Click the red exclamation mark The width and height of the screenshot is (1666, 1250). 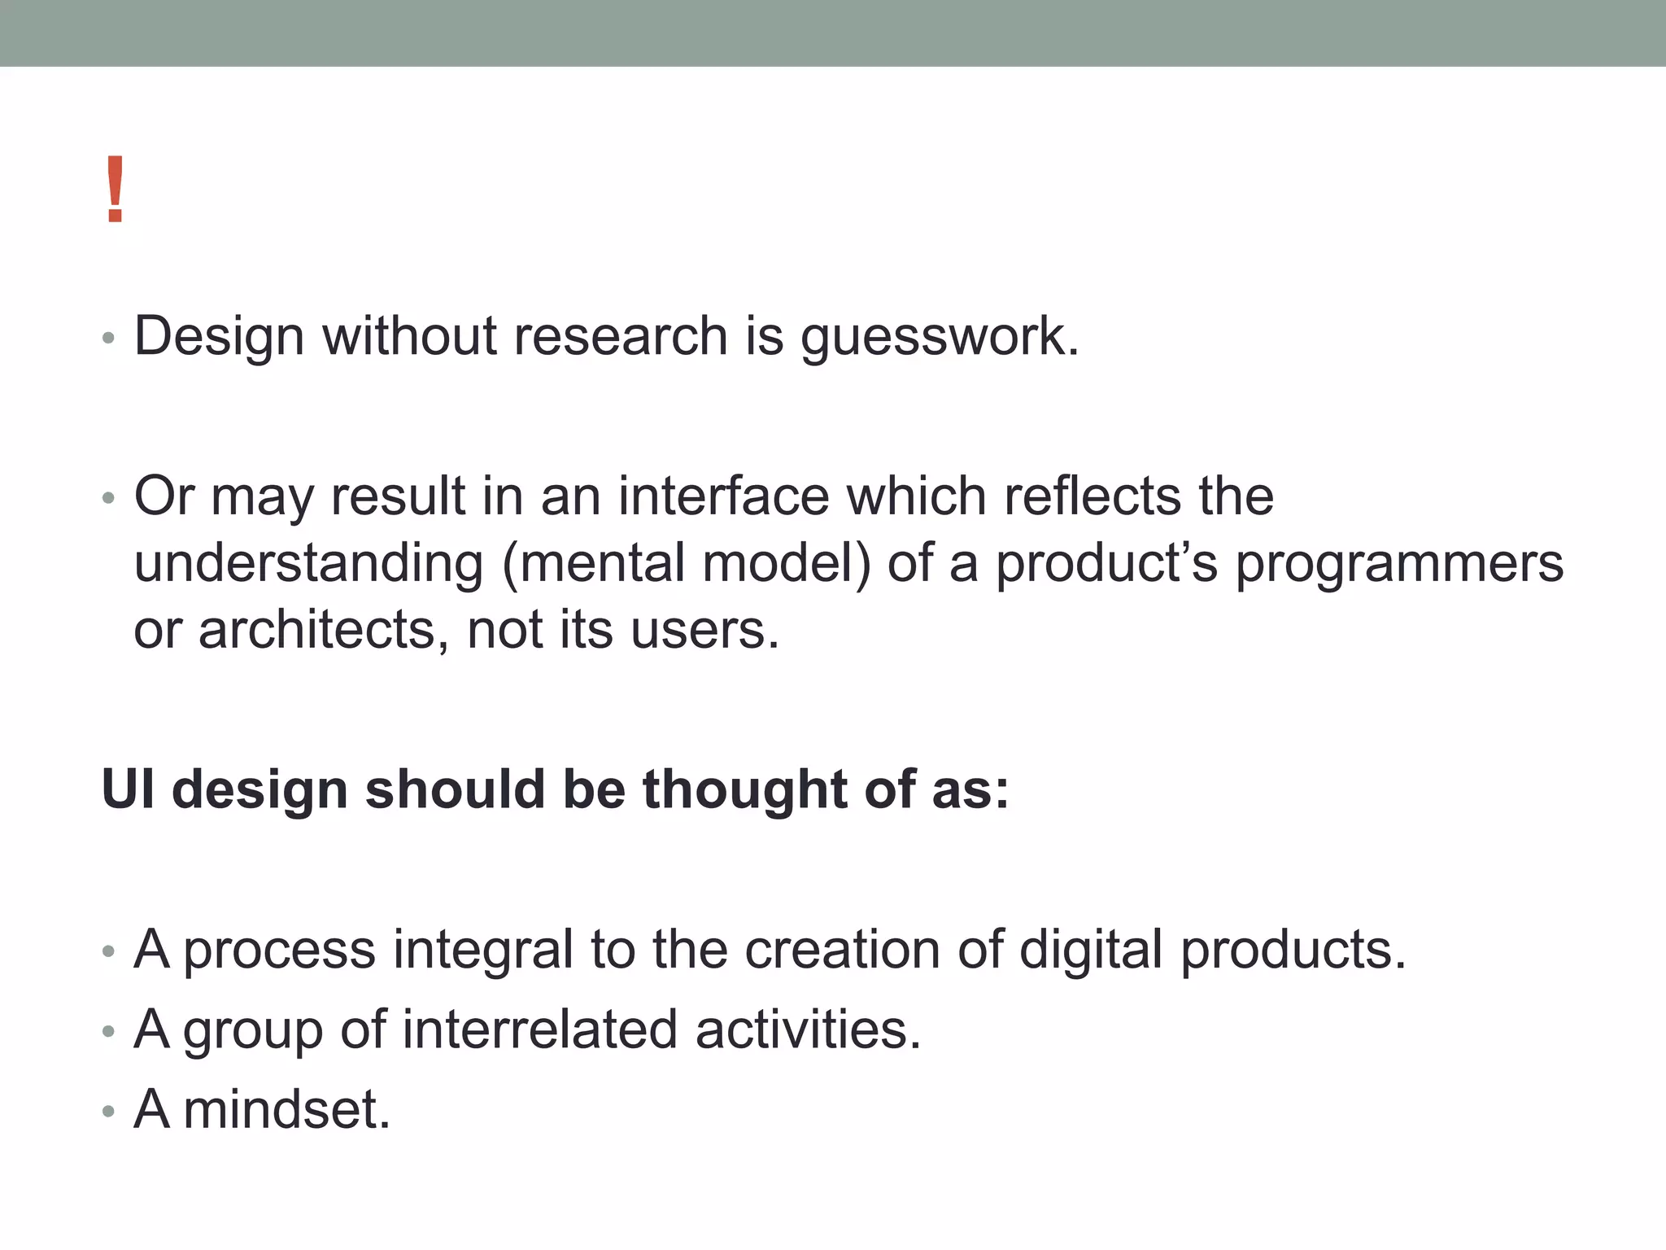(x=115, y=190)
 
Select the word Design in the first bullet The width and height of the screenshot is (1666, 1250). (x=219, y=337)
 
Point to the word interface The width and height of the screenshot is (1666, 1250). (x=723, y=496)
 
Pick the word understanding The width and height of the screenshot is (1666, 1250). (x=309, y=563)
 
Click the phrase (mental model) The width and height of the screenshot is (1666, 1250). (x=687, y=563)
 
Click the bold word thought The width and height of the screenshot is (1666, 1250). (x=745, y=789)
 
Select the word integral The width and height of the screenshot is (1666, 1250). (x=483, y=949)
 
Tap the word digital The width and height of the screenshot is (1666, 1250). (x=1091, y=949)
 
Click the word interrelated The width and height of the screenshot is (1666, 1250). (x=539, y=1029)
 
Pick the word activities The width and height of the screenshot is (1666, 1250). (x=808, y=1029)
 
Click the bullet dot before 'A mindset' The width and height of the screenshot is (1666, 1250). (x=109, y=1112)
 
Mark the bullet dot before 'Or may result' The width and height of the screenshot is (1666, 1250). (x=109, y=498)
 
